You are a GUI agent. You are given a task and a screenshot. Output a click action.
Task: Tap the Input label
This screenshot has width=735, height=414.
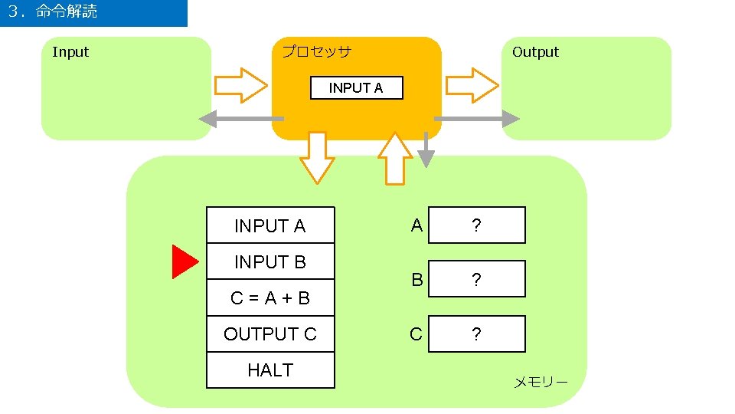pyautogui.click(x=70, y=52)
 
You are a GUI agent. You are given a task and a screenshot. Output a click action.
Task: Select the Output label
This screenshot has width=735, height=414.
pyautogui.click(x=535, y=52)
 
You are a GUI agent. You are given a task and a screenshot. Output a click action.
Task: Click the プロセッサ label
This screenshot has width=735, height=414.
pyautogui.click(x=316, y=52)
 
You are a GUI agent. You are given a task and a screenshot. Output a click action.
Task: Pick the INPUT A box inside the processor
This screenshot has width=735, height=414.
pyautogui.click(x=356, y=88)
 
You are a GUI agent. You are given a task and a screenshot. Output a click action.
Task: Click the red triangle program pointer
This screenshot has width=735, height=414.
pyautogui.click(x=184, y=261)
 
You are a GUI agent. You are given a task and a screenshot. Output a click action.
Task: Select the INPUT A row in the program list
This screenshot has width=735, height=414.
pyautogui.click(x=270, y=226)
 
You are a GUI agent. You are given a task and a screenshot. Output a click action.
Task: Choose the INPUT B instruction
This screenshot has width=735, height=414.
pyautogui.click(x=270, y=262)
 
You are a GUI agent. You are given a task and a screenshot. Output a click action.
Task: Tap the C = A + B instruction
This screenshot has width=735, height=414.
pyautogui.click(x=270, y=298)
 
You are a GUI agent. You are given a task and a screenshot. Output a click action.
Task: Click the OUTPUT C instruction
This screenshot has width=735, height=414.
pyautogui.click(x=270, y=334)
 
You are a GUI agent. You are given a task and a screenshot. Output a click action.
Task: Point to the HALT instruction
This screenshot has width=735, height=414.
pyautogui.click(x=270, y=370)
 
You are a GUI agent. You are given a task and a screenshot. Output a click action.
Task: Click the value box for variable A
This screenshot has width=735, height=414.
pyautogui.click(x=476, y=225)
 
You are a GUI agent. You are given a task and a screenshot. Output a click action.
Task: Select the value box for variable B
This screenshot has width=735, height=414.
pyautogui.click(x=476, y=279)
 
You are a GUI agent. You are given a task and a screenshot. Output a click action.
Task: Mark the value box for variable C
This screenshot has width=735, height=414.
pyautogui.click(x=476, y=334)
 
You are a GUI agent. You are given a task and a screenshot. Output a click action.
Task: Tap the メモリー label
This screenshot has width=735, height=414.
pyautogui.click(x=540, y=382)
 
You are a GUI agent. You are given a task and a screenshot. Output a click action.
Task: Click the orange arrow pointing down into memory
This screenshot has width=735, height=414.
pyautogui.click(x=317, y=158)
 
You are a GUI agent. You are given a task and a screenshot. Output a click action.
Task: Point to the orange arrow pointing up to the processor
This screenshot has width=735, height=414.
pyautogui.click(x=395, y=159)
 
